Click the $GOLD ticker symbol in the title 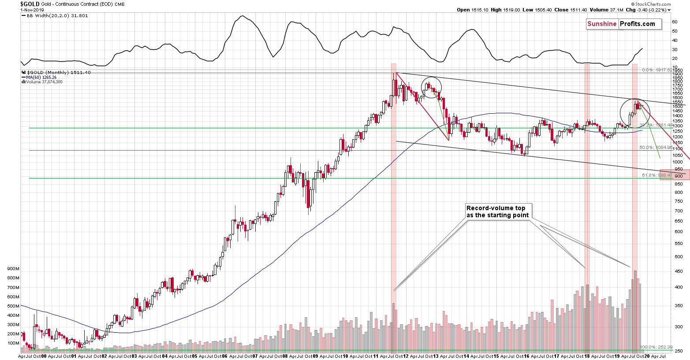[x=30, y=4]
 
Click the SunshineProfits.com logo [x=623, y=24]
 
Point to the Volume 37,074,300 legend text [x=44, y=82]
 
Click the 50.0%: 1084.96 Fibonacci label [x=656, y=148]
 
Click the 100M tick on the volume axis [x=13, y=343]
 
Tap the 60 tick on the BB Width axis [x=675, y=22]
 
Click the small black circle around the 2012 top [x=431, y=87]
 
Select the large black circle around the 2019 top [x=635, y=113]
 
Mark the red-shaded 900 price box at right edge [x=675, y=174]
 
